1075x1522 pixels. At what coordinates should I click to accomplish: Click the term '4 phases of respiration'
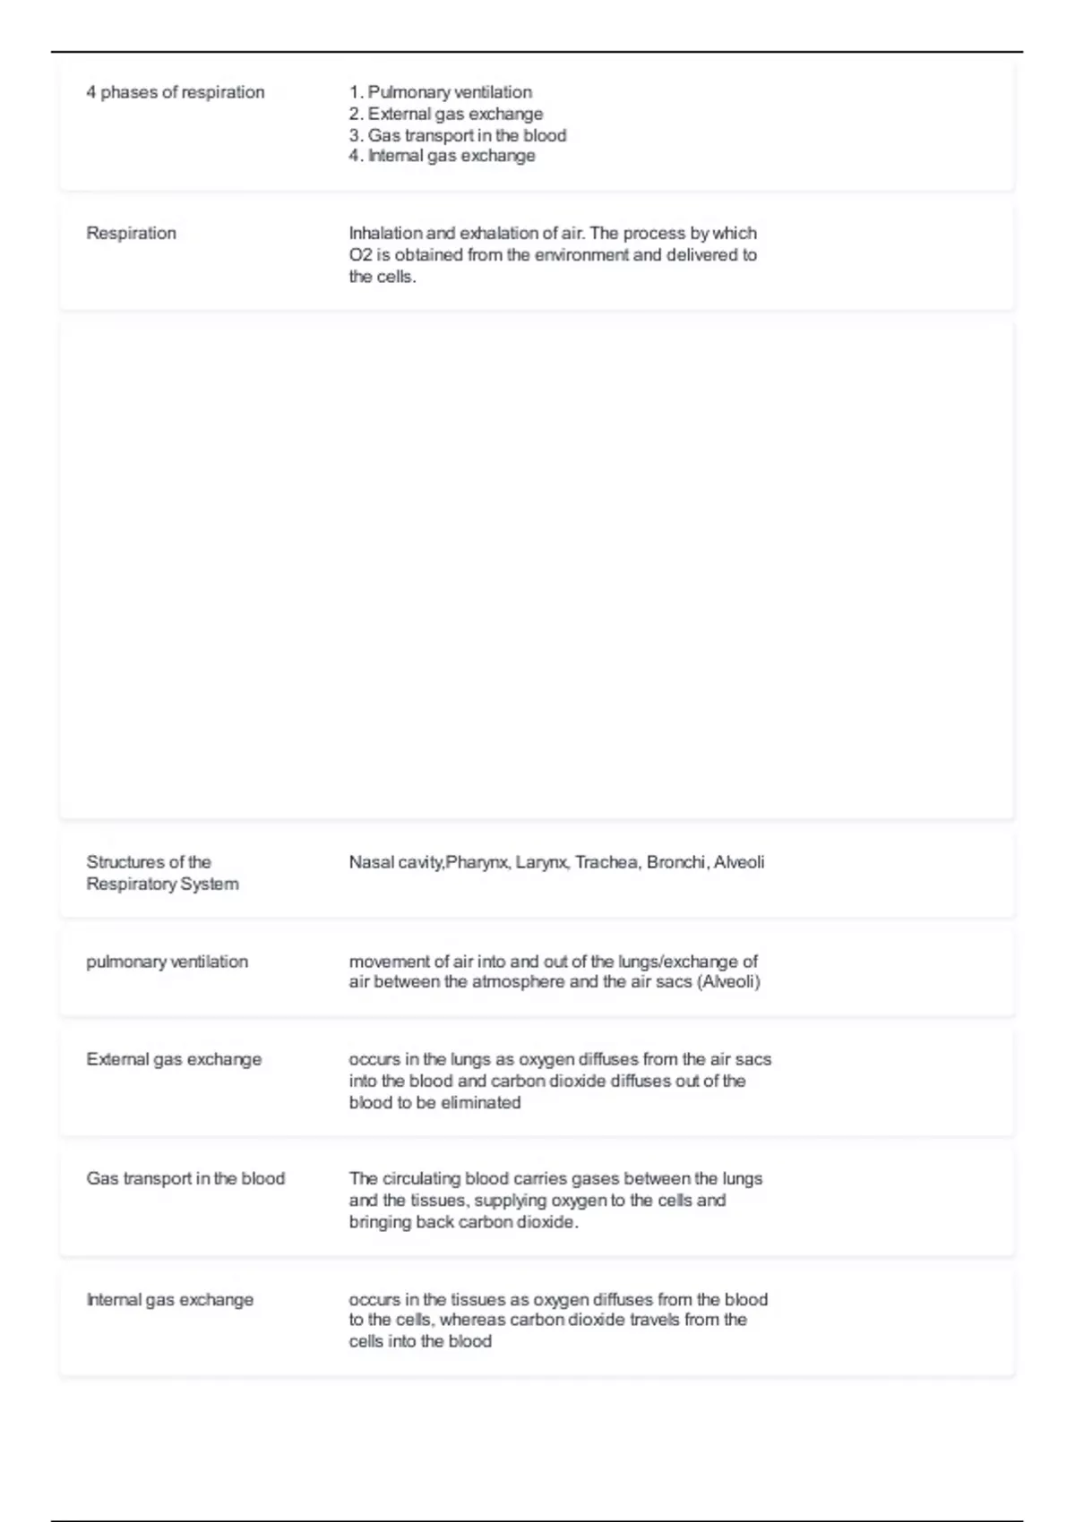175,92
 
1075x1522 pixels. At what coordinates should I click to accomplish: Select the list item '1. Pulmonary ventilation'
440,92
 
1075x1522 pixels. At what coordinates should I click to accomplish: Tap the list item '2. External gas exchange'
445,114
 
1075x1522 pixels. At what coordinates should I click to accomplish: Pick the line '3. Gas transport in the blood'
457,135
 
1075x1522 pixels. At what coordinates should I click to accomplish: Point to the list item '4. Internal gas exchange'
442,156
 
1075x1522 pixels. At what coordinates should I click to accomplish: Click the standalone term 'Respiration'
131,234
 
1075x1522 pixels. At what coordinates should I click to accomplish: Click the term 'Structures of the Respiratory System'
162,873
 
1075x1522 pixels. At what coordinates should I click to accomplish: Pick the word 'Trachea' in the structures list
606,862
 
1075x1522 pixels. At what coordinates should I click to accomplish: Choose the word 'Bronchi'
676,862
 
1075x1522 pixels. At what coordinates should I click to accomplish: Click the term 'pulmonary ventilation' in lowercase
167,962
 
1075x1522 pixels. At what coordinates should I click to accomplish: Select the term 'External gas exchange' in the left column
174,1059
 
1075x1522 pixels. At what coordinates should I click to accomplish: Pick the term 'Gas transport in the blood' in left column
185,1179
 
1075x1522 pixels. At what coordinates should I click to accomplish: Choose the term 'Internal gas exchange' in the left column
169,1300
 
